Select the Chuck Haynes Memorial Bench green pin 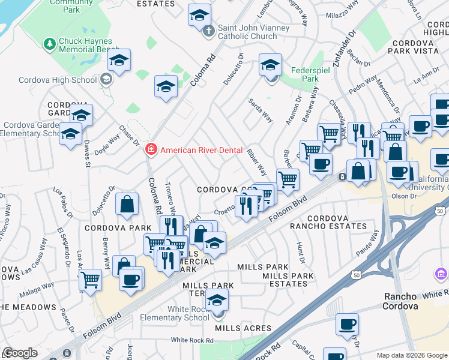[x=49, y=44]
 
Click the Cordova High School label [x=58, y=80]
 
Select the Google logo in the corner [x=20, y=353]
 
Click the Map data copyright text [x=411, y=355]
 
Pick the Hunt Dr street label [x=301, y=254]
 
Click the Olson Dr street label [x=404, y=196]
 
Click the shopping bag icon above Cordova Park [x=128, y=203]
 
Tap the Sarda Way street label [x=261, y=110]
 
